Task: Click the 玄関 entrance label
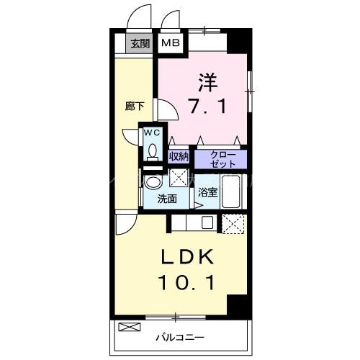pyautogui.click(x=140, y=43)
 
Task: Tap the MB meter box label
pyautogui.click(x=171, y=43)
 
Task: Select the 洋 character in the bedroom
pyautogui.click(x=207, y=80)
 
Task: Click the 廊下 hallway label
pyautogui.click(x=134, y=107)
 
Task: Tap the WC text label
pyautogui.click(x=153, y=133)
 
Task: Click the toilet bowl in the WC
pyautogui.click(x=153, y=151)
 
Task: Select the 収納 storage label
pyautogui.click(x=179, y=156)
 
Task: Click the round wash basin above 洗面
pyautogui.click(x=153, y=181)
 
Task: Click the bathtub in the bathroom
pyautogui.click(x=233, y=190)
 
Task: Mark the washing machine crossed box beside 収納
pyautogui.click(x=180, y=179)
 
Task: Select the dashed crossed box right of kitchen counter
pyautogui.click(x=233, y=224)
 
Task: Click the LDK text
pyautogui.click(x=185, y=257)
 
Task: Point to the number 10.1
pyautogui.click(x=185, y=283)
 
